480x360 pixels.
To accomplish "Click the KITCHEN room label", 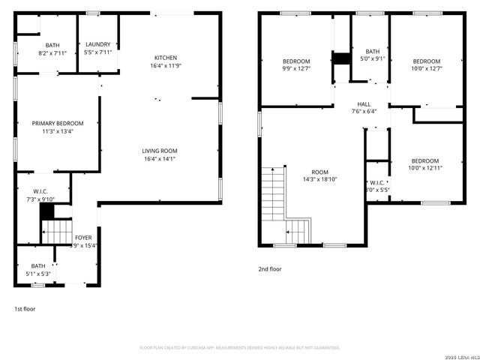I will click(x=166, y=58).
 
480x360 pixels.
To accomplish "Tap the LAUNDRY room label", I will click(x=98, y=44).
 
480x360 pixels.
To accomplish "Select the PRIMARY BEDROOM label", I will click(x=58, y=123).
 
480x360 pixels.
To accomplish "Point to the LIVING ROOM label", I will click(x=160, y=151).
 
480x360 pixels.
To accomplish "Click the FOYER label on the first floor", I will click(x=83, y=238).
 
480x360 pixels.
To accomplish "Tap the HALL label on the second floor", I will click(x=364, y=104).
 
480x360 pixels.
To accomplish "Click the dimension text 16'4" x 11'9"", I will click(x=166, y=66).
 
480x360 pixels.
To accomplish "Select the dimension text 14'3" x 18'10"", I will click(x=320, y=179).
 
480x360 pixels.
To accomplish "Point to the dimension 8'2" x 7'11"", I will click(x=52, y=53).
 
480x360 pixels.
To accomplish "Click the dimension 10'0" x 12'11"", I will click(x=424, y=168).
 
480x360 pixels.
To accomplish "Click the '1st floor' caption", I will click(x=25, y=308).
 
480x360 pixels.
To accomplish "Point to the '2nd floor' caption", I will click(x=270, y=268).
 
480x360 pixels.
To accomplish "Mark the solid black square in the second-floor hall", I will click(x=343, y=58).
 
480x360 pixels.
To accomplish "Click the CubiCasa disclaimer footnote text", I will click(x=240, y=347).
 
